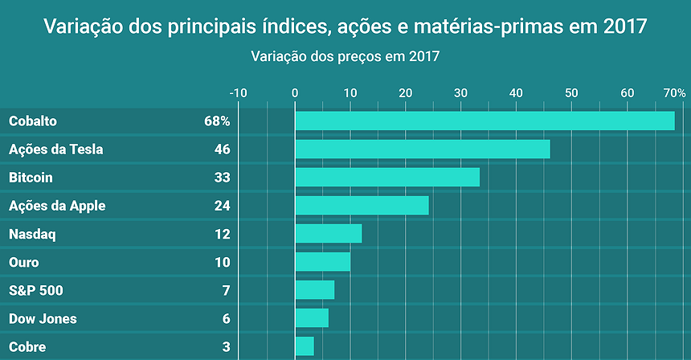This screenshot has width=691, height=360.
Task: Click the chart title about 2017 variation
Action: pos(345,27)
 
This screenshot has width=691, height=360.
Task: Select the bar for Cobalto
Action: pos(485,121)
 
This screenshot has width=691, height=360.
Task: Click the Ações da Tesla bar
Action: pos(423,149)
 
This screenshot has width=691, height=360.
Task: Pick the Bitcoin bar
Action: pos(387,177)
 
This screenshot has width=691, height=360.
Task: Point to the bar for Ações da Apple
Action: pos(362,206)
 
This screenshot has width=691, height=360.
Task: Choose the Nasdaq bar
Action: pos(329,234)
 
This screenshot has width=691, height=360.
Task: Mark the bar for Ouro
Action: pos(323,262)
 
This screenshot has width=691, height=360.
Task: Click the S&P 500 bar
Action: pos(315,290)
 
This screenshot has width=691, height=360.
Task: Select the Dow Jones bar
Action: pos(312,318)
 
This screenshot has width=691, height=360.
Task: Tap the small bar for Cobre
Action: pos(305,346)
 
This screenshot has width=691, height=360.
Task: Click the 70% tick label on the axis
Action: pos(674,92)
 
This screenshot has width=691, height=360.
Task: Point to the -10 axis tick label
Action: pos(238,92)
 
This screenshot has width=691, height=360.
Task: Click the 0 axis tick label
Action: pos(295,92)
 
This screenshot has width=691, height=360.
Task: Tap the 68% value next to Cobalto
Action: pos(217,121)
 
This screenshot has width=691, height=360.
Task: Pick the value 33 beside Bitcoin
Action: pos(222,178)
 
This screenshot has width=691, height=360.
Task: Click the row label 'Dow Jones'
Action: pos(43,319)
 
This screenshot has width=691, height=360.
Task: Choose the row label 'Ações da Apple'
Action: pos(57,206)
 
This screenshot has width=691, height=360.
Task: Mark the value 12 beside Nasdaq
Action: pos(222,235)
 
